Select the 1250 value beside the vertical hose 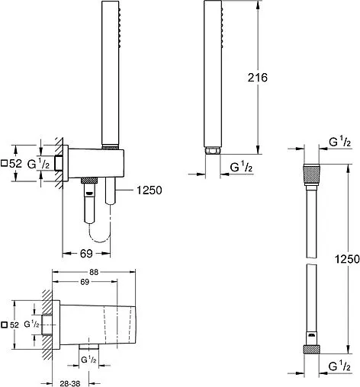click(347, 259)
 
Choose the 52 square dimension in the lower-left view click(11, 325)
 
